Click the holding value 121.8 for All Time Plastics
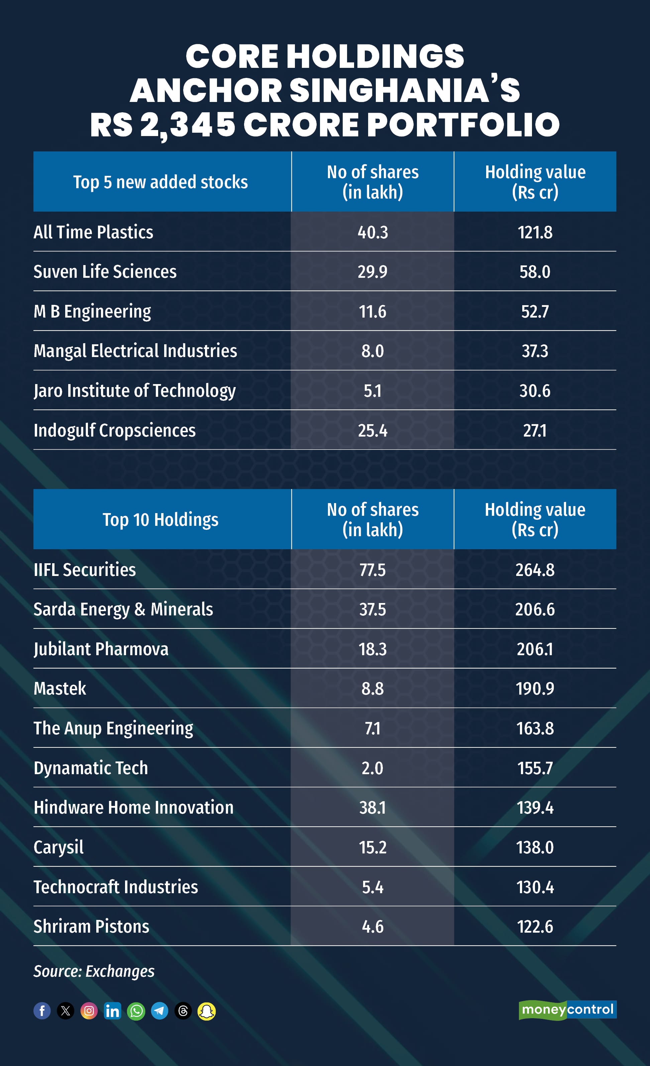click(x=535, y=232)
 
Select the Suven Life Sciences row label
click(x=105, y=272)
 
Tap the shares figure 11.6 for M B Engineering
click(x=372, y=312)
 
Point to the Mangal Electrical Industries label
click(x=135, y=351)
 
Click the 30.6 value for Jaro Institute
click(x=535, y=391)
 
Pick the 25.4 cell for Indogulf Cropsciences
click(x=372, y=431)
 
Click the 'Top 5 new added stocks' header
click(x=160, y=182)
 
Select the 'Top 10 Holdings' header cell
click(x=160, y=519)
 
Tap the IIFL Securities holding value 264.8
click(x=535, y=570)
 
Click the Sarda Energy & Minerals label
click(x=123, y=609)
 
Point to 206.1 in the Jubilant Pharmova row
click(x=535, y=649)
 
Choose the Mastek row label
click(x=60, y=688)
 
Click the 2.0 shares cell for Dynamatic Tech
click(x=372, y=768)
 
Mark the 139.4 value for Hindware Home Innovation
click(x=535, y=808)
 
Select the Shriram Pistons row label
click(x=91, y=926)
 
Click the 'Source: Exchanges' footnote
click(x=94, y=971)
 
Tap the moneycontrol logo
click(x=567, y=1010)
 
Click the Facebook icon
click(x=42, y=1011)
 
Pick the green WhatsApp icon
click(x=136, y=1011)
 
